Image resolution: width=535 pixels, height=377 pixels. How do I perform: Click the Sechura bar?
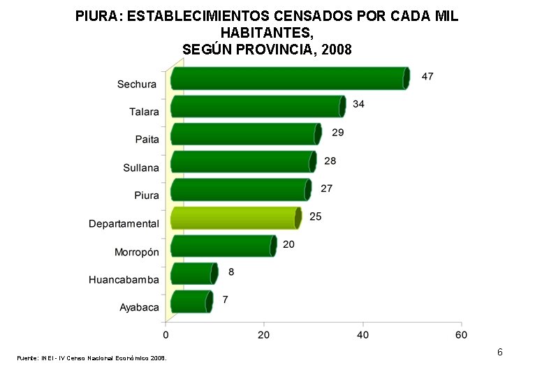289,78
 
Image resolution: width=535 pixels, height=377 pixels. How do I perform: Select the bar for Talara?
258,106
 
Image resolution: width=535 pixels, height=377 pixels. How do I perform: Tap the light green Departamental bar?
235,218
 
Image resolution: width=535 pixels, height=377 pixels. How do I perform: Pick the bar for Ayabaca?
190,302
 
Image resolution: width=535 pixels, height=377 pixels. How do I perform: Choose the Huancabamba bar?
193,274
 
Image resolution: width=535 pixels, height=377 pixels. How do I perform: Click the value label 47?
427,76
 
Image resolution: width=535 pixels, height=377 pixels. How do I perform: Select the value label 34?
358,104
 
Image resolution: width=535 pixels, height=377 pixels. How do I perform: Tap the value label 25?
316,216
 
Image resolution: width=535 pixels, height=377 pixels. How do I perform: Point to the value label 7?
225,300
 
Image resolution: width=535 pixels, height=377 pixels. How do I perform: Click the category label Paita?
147,140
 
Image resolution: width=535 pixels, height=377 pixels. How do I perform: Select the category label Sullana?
141,168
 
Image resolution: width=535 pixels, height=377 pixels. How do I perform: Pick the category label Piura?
147,195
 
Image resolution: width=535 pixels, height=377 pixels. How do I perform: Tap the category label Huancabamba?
124,280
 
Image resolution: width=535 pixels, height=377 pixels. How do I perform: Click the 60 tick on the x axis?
461,334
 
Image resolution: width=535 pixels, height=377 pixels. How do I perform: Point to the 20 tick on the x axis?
264,334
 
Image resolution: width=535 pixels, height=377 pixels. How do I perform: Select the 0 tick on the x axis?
166,334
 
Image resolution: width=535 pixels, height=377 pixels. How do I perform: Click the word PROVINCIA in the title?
274,50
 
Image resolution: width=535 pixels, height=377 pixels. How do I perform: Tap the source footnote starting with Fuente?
91,358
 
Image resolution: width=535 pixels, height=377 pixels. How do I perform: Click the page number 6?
499,352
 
